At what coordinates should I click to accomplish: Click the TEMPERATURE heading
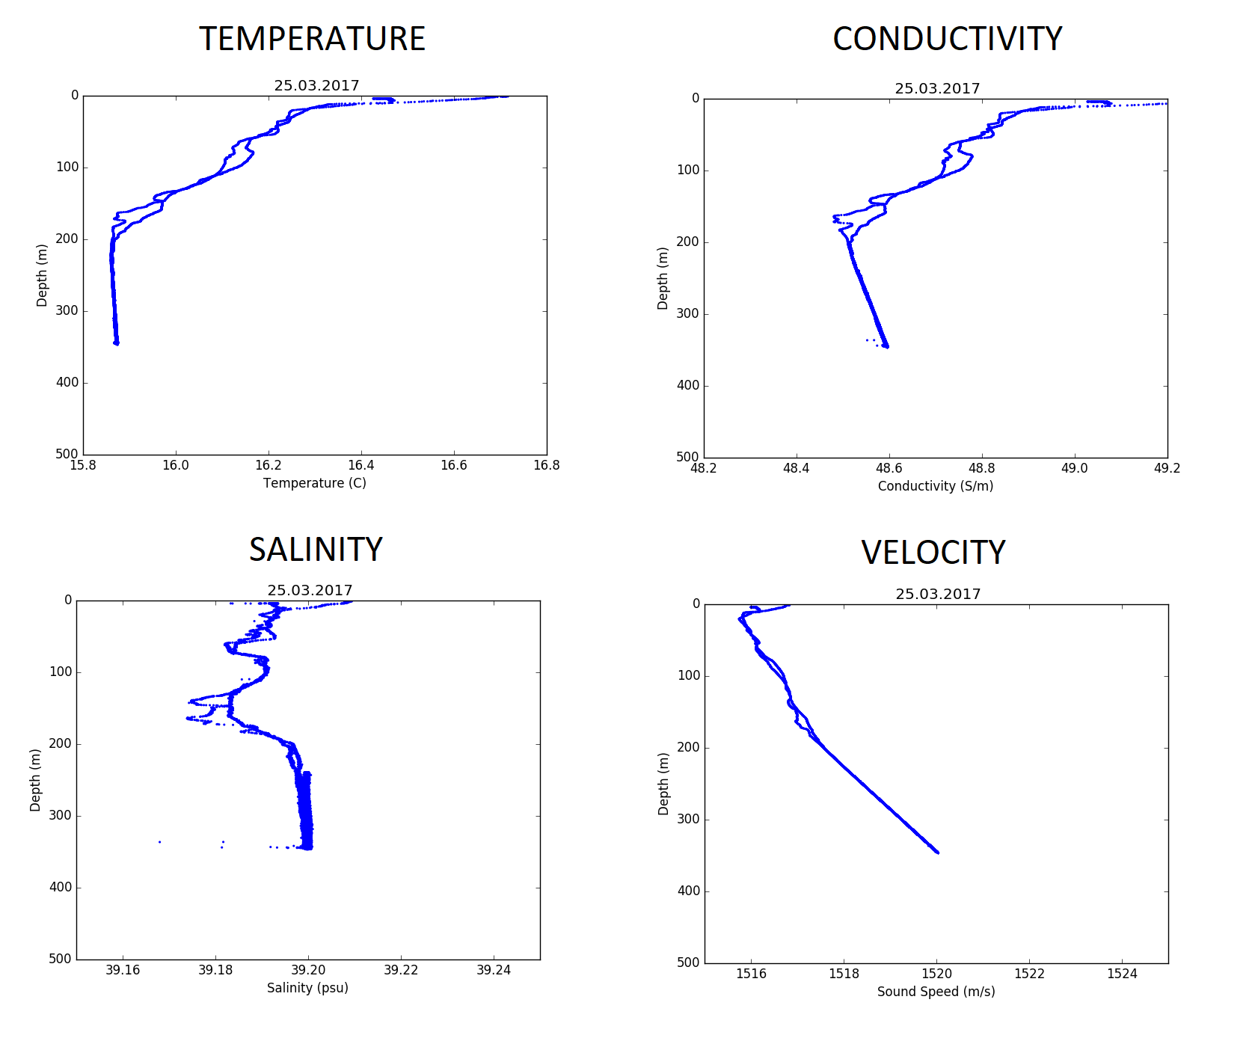pos(312,39)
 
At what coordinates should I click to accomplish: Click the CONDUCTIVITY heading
pos(947,39)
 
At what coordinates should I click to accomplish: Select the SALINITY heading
pos(316,550)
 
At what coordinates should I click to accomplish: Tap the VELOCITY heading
pos(933,553)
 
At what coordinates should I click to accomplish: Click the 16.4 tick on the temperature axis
pos(361,465)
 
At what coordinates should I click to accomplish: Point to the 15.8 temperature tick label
pos(82,465)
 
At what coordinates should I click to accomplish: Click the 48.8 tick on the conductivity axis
pos(981,468)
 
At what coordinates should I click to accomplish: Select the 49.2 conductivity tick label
pos(1167,468)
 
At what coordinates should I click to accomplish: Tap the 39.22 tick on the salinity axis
pos(401,970)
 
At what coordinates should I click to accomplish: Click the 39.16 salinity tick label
pos(123,970)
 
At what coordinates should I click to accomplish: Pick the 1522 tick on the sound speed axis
pos(1029,974)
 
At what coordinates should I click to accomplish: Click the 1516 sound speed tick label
pos(751,974)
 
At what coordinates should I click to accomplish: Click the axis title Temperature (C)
pos(315,483)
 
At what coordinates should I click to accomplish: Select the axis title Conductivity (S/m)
pos(936,486)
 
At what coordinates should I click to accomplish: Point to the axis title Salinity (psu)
pos(307,988)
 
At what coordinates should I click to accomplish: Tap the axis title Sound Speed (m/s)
pos(936,992)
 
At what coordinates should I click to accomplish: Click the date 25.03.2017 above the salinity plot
pos(310,591)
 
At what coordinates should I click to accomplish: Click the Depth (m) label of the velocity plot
pos(663,784)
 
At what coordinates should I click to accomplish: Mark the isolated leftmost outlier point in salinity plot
pos(159,842)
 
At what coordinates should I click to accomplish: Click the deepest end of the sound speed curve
pos(938,853)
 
